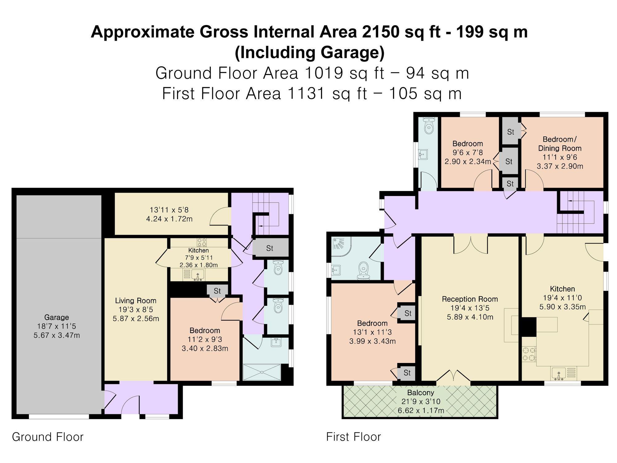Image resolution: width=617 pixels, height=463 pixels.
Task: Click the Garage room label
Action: [56, 317]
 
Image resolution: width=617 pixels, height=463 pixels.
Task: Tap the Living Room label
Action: [136, 301]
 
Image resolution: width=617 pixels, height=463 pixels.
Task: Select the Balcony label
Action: [420, 393]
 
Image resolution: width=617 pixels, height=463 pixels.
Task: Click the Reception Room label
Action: [470, 299]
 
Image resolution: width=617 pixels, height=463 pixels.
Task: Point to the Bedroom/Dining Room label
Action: [560, 144]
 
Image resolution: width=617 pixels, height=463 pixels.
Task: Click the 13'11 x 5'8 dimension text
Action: [169, 210]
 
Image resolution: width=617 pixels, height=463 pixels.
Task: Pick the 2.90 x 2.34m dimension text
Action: [468, 161]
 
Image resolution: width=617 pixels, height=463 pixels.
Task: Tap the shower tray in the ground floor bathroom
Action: [262, 372]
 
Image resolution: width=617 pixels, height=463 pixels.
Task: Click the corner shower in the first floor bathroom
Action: [341, 247]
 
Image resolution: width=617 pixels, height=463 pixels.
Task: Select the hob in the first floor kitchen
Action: [529, 354]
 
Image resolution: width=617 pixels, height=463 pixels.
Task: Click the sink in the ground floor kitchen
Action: [198, 274]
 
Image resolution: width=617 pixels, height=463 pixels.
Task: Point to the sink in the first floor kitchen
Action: [559, 373]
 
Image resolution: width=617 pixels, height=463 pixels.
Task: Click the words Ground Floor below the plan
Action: [48, 437]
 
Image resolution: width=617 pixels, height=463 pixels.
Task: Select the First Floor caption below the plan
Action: [354, 437]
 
